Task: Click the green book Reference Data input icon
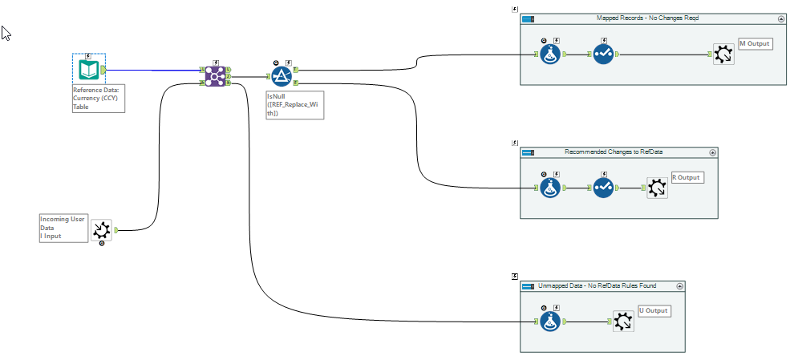88,70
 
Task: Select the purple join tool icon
214,76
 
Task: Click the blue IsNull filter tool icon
281,76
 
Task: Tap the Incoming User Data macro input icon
100,230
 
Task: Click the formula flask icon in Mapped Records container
549,55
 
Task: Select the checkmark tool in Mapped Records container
603,55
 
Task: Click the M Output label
755,43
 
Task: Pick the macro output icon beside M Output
723,55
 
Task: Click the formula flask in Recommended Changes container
549,188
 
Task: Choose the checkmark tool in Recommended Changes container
603,188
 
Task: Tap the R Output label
687,177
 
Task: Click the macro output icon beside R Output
657,188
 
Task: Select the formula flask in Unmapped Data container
549,322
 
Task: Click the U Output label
654,311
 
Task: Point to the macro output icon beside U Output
623,322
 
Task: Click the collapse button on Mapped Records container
780,18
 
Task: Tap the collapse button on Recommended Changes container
712,152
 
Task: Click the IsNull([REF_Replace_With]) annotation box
294,104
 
